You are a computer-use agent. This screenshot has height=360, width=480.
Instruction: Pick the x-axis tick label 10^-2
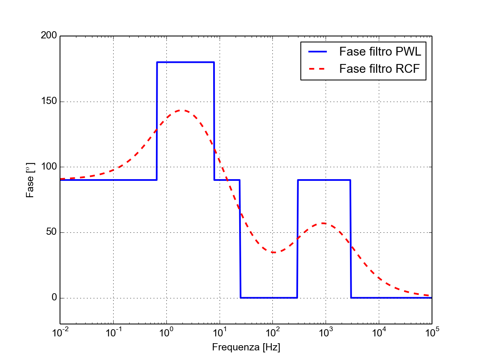[x=60, y=332]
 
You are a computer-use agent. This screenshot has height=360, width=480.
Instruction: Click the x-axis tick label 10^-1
[x=113, y=332]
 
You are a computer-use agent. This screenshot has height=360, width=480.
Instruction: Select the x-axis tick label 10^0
[x=166, y=332]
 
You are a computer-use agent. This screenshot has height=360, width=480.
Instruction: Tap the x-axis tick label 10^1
[x=220, y=332]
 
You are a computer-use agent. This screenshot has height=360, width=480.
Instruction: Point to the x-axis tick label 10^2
[x=273, y=332]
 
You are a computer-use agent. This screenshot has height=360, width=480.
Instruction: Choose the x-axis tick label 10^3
[x=326, y=332]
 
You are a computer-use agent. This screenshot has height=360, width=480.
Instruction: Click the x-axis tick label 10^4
[x=379, y=332]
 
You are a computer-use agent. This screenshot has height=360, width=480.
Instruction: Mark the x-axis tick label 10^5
[x=432, y=332]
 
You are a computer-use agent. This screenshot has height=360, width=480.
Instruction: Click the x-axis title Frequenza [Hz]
[x=246, y=347]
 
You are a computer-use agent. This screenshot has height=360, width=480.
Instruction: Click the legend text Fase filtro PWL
[x=380, y=52]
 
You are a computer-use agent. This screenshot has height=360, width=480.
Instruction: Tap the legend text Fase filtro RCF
[x=380, y=69]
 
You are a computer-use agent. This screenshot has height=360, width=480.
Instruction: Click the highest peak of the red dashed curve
[x=182, y=110]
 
